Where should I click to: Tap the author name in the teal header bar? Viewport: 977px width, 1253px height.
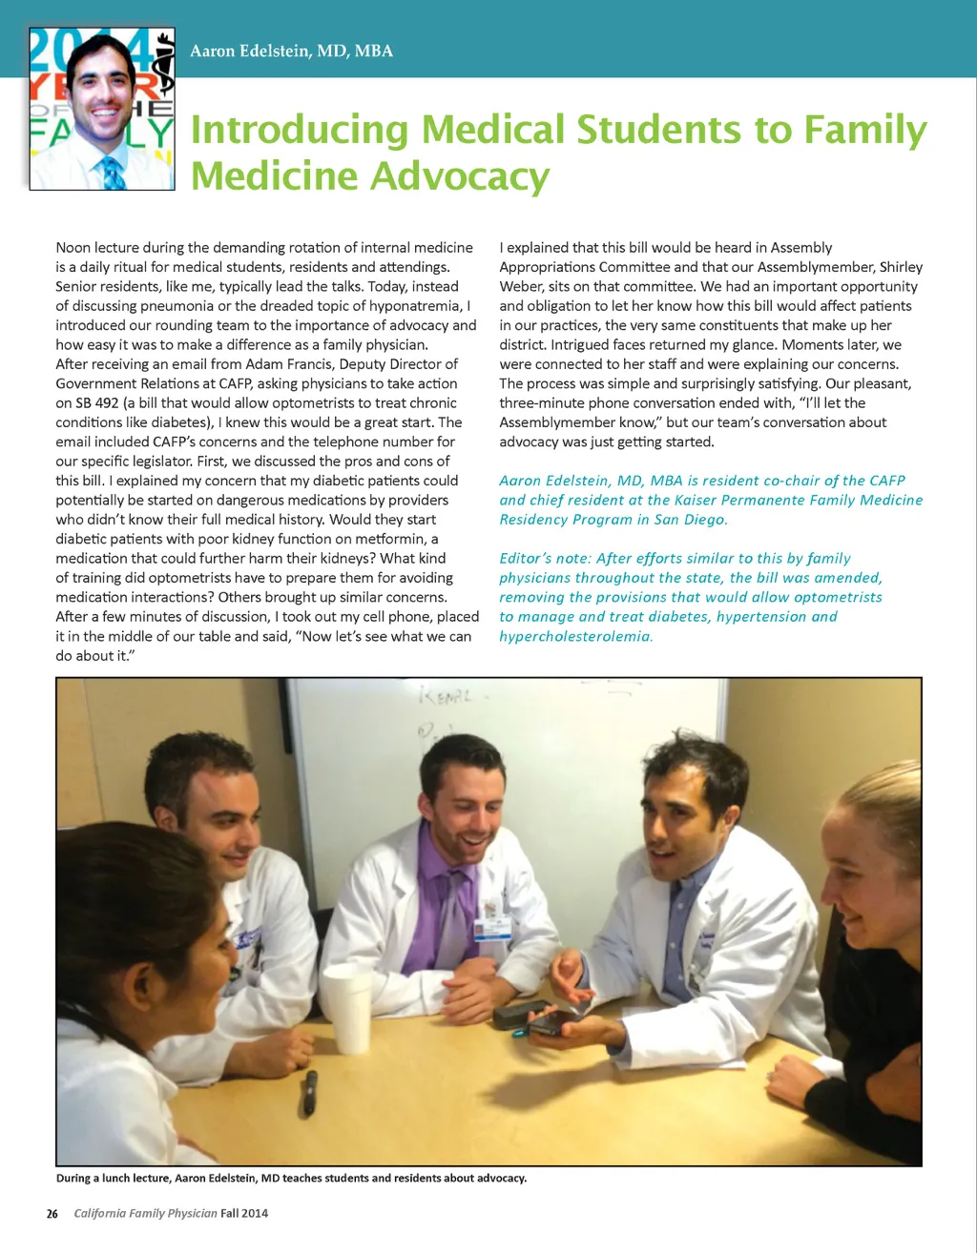pos(291,51)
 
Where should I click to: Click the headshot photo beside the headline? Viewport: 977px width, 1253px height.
pos(102,109)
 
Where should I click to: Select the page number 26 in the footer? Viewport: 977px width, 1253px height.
pos(52,1213)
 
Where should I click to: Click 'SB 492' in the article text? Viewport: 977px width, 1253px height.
pos(97,402)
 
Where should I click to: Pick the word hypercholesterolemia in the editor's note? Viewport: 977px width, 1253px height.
pos(575,636)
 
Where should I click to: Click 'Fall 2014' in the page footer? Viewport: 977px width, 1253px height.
pos(244,1213)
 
